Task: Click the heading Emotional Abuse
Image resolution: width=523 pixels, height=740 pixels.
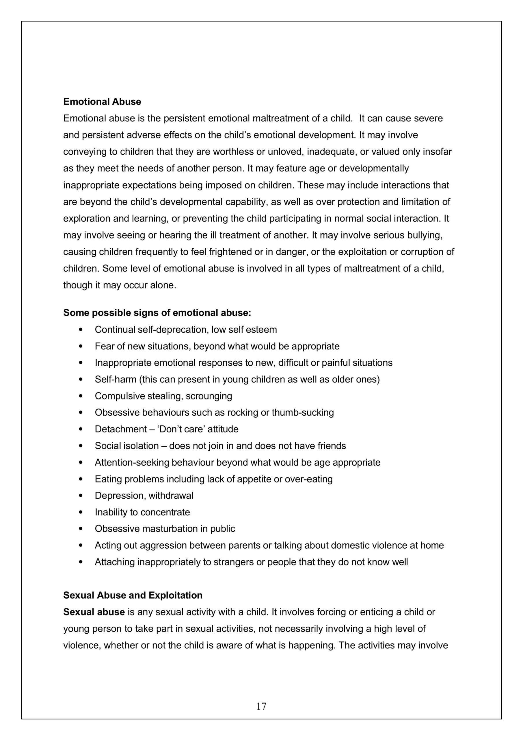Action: tap(102, 101)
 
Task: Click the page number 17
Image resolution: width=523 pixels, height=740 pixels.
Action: tap(261, 706)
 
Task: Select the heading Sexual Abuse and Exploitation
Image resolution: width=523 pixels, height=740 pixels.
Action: tap(133, 595)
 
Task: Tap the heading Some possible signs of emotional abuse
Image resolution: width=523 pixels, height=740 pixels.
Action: tap(157, 313)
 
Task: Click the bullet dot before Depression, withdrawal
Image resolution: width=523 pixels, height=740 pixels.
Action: tap(81, 495)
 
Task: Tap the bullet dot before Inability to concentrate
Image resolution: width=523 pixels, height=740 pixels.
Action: tap(81, 512)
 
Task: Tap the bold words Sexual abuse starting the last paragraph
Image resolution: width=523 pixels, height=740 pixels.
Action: tap(94, 612)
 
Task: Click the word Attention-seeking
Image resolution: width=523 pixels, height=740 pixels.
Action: tap(132, 462)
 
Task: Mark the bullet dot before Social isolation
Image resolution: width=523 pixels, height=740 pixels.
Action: tap(81, 446)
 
